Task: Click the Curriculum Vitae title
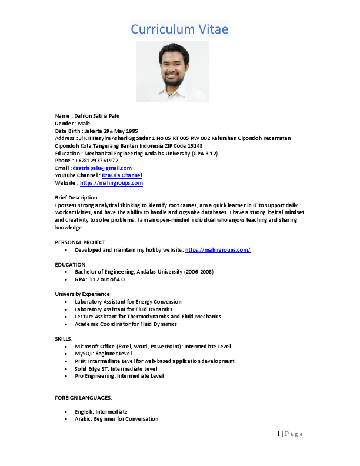pyautogui.click(x=179, y=29)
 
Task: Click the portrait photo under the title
pyautogui.click(x=172, y=71)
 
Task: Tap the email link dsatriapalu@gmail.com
pyautogui.click(x=102, y=168)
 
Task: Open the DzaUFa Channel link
pyautogui.click(x=122, y=175)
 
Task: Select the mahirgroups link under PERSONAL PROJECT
pyautogui.click(x=218, y=250)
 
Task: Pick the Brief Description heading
pyautogui.click(x=77, y=197)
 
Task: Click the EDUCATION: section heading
pyautogui.click(x=71, y=265)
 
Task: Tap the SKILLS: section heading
pyautogui.click(x=64, y=339)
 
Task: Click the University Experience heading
pyautogui.click(x=83, y=294)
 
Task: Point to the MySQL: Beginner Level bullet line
pyautogui.click(x=103, y=354)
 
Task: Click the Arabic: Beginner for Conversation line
pyautogui.click(x=116, y=419)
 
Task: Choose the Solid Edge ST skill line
pyautogui.click(x=116, y=368)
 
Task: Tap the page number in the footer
pyautogui.click(x=278, y=434)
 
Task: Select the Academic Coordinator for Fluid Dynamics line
pyautogui.click(x=126, y=324)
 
